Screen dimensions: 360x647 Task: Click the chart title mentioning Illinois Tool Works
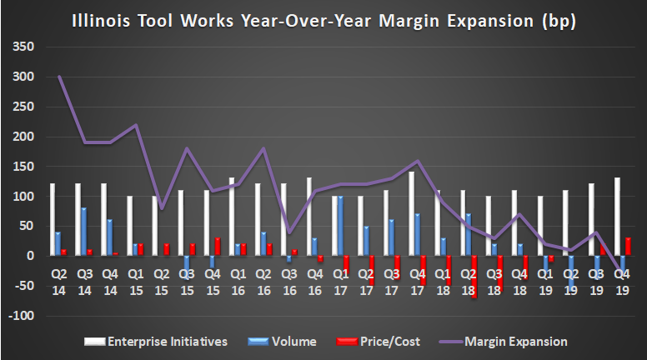pyautogui.click(x=323, y=19)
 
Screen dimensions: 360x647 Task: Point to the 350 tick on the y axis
pyautogui.click(x=23, y=47)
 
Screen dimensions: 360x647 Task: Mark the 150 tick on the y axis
pyautogui.click(x=23, y=167)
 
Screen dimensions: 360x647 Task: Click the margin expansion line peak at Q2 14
pyautogui.click(x=58, y=77)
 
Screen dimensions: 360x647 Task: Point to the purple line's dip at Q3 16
pyautogui.click(x=288, y=232)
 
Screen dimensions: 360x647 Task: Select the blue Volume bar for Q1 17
pyautogui.click(x=340, y=226)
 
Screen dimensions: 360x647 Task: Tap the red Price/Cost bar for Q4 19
pyautogui.click(x=628, y=247)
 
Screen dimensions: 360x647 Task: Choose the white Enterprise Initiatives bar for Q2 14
pyautogui.click(x=52, y=220)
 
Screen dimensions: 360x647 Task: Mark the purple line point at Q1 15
pyautogui.click(x=135, y=125)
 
